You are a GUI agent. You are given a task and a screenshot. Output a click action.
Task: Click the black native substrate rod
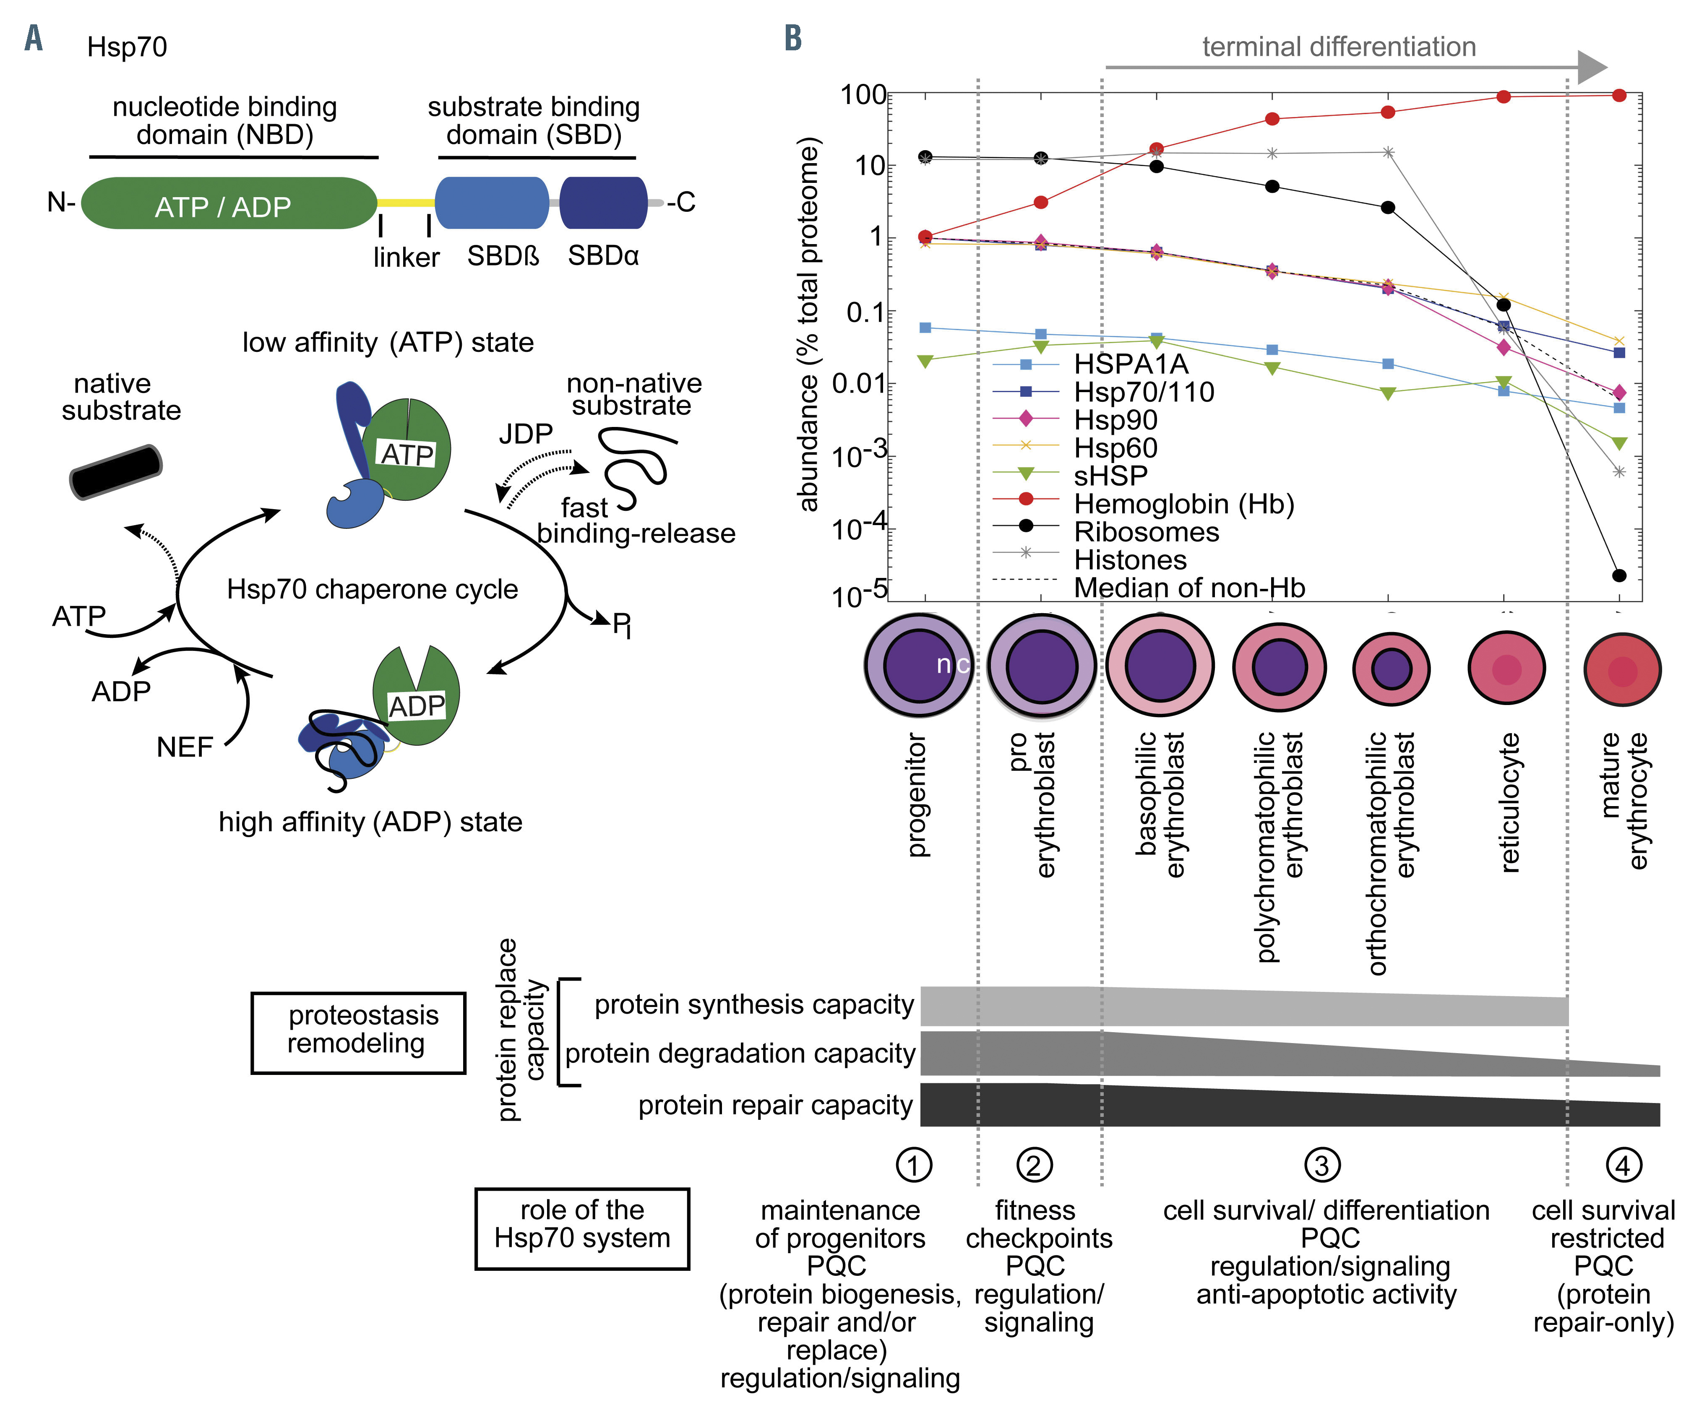pos(115,472)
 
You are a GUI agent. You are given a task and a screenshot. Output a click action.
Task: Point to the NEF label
pos(185,747)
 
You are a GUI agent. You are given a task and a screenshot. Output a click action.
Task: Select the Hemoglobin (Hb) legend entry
pos(1183,504)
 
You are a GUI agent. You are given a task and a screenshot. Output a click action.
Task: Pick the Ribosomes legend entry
pos(1146,532)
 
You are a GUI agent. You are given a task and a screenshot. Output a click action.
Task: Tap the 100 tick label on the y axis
pos(863,95)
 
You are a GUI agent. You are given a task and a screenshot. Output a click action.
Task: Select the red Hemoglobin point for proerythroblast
pos(1040,202)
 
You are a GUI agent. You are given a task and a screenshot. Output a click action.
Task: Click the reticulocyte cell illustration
pos(1506,669)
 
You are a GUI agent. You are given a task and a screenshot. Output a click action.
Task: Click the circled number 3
pos(1322,1165)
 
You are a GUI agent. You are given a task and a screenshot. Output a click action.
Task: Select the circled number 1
pos(914,1165)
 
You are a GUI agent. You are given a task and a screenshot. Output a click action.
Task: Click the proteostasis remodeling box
pos(358,1033)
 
